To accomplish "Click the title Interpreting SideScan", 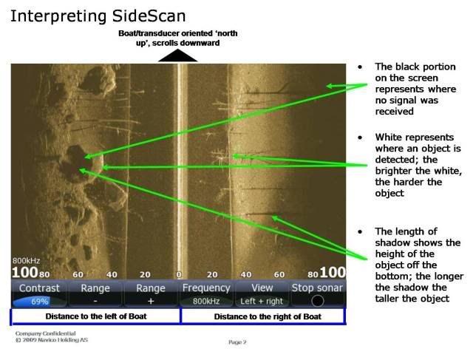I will click(98, 15).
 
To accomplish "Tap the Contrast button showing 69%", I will click(39, 293).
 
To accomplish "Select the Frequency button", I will click(206, 293).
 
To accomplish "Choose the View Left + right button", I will click(262, 293).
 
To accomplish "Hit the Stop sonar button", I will click(318, 293).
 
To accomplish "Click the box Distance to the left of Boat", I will click(95, 316).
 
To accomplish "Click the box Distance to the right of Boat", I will click(262, 316).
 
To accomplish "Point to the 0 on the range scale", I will click(179, 274).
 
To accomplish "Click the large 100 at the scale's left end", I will click(24, 273).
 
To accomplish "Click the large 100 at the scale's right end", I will click(333, 272).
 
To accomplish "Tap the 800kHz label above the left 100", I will click(27, 260).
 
